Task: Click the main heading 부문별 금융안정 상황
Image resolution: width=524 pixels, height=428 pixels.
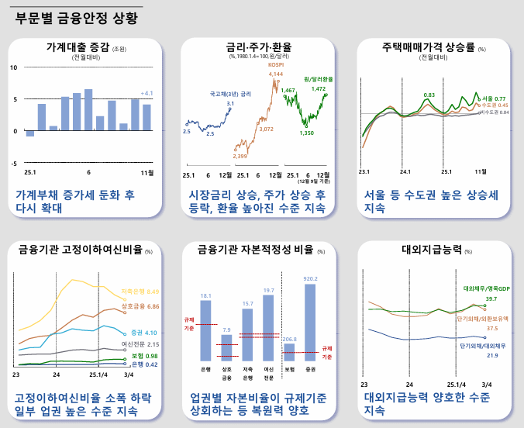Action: pyautogui.click(x=78, y=19)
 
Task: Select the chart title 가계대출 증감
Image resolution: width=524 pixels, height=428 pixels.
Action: pyautogui.click(x=77, y=47)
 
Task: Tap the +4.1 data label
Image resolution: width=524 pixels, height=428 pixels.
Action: pyautogui.click(x=146, y=93)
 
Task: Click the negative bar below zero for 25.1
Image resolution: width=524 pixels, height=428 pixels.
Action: pyautogui.click(x=30, y=133)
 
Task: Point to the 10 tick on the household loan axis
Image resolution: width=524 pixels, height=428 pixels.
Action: pyautogui.click(x=14, y=67)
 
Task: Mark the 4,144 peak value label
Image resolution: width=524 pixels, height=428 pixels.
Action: pyautogui.click(x=276, y=74)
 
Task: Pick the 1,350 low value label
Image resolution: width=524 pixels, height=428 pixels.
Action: pyautogui.click(x=306, y=133)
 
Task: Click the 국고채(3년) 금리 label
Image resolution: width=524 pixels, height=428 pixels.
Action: pyautogui.click(x=230, y=94)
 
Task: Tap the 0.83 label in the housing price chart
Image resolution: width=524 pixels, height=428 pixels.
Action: pyautogui.click(x=429, y=95)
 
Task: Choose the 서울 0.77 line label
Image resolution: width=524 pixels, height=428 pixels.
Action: pyautogui.click(x=494, y=98)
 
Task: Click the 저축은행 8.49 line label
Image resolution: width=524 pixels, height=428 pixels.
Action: pyautogui.click(x=140, y=292)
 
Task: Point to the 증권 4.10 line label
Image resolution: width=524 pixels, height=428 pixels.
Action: pyautogui.click(x=144, y=332)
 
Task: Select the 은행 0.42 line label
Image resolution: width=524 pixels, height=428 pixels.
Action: pyautogui.click(x=145, y=364)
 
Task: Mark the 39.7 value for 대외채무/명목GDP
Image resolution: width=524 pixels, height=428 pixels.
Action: pyautogui.click(x=491, y=299)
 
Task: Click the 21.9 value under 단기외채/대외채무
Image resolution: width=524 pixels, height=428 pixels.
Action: pyautogui.click(x=491, y=355)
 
